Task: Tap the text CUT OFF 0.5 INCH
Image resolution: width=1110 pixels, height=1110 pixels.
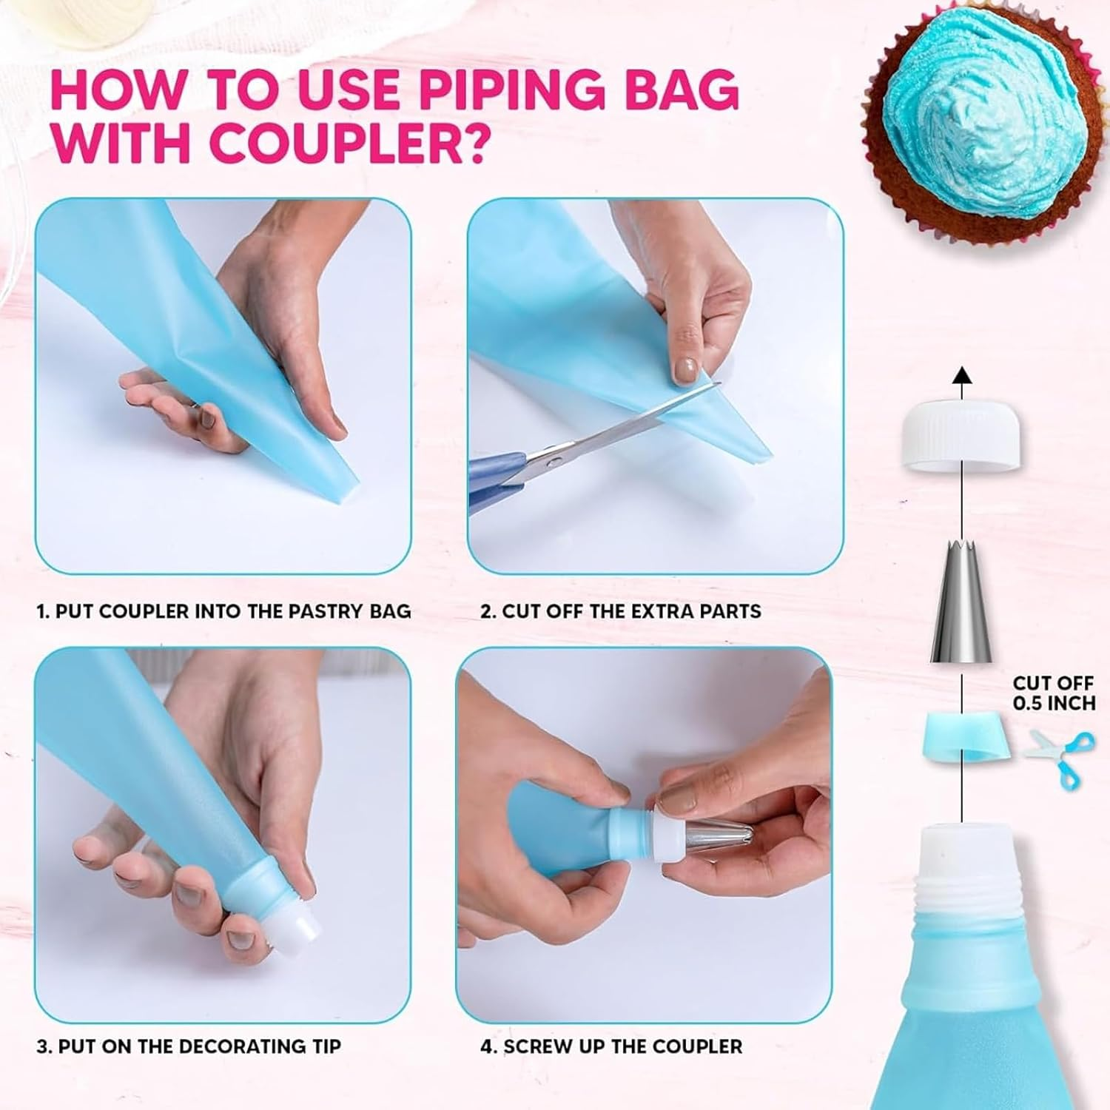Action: coord(1054,693)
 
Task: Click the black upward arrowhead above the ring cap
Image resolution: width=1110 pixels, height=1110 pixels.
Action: coord(961,374)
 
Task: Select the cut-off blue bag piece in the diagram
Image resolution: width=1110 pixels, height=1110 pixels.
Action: coord(962,737)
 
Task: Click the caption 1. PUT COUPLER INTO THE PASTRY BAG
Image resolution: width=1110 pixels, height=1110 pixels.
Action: coord(223,611)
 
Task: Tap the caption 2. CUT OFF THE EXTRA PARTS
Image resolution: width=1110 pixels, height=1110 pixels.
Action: coord(621,611)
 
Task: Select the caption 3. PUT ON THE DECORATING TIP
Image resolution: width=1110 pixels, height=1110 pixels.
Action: coord(189,1046)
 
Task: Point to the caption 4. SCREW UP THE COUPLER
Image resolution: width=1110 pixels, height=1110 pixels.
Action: coord(611,1046)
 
